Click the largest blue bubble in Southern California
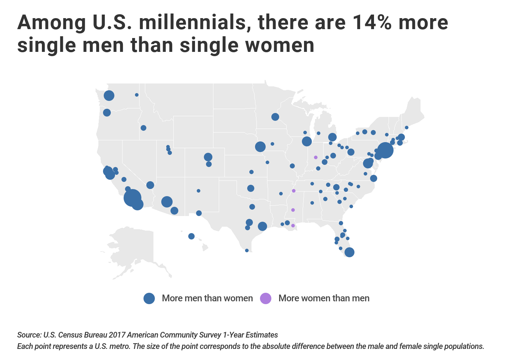pos(132,198)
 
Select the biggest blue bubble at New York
pos(385,150)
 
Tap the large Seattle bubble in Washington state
pos(109,96)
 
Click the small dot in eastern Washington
pos(137,95)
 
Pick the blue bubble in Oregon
pos(107,113)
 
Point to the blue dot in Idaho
pos(143,128)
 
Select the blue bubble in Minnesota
pos(275,117)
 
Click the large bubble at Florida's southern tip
pos(349,252)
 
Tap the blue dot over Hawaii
pos(191,236)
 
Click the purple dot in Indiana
pos(315,157)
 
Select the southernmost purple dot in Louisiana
pos(293,226)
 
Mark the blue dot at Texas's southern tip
pos(247,250)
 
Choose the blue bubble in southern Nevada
pos(150,185)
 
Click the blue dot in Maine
pos(407,128)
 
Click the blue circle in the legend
pos(149,298)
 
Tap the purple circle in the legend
pos(266,298)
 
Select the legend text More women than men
pos(324,298)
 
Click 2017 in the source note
pos(117,335)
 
